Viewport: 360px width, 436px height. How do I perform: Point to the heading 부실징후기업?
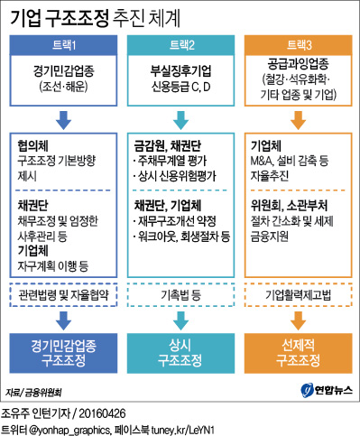click(x=180, y=69)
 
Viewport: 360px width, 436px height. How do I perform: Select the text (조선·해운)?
click(x=63, y=85)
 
